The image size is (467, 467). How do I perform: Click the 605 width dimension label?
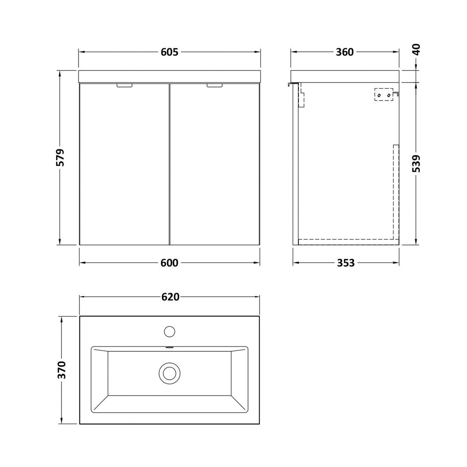[x=169, y=52]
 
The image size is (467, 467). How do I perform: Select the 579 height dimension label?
[x=60, y=158]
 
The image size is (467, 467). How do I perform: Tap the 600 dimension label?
[x=169, y=263]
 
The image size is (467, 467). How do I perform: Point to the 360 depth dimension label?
[x=345, y=52]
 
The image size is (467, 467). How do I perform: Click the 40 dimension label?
[x=417, y=49]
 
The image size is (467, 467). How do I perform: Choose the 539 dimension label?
[x=417, y=163]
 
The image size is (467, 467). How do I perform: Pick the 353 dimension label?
[x=346, y=263]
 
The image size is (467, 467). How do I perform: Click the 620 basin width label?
[x=171, y=297]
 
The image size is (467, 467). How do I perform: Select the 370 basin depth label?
[x=62, y=370]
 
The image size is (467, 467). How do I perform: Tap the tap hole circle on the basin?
[x=169, y=331]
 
